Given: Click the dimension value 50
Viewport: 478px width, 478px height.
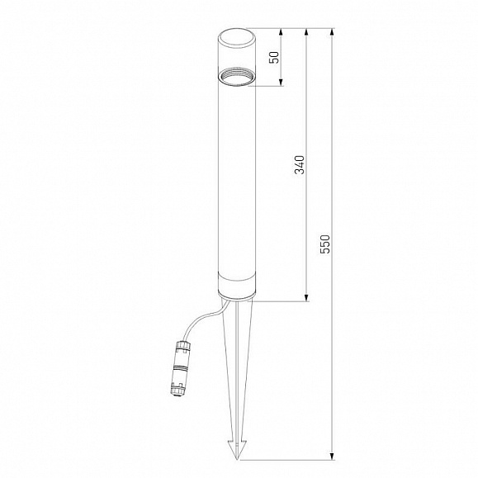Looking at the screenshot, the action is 275,57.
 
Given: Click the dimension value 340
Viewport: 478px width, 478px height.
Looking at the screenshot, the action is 300,164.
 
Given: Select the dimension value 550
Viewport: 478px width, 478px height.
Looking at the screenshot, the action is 325,244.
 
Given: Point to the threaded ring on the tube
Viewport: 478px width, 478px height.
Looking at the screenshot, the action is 237,78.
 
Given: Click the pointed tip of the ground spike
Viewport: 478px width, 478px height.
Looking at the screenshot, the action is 238,459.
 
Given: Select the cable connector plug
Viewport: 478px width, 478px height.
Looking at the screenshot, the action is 180,368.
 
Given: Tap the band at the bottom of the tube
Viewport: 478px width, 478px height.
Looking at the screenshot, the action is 237,283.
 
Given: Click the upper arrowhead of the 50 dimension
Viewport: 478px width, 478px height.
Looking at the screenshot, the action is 281,32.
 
